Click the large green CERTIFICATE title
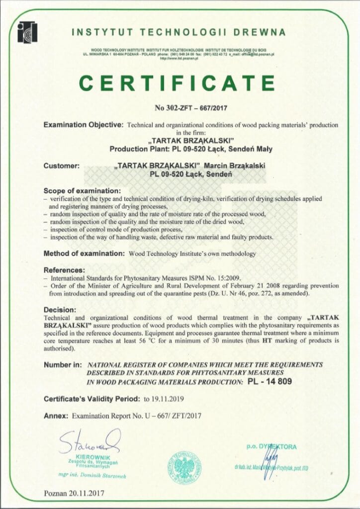pyautogui.click(x=178, y=83)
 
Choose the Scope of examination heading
pyautogui.click(x=82, y=190)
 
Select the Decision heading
pyautogui.click(x=60, y=309)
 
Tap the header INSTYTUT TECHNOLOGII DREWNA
pyautogui.click(x=179, y=33)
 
